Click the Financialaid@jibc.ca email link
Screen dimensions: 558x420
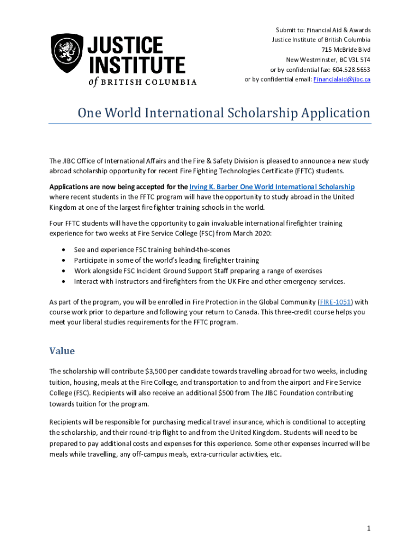click(341, 80)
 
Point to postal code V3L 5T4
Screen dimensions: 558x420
click(355, 59)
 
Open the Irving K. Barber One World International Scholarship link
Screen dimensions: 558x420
click(272, 186)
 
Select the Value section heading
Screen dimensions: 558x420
click(62, 350)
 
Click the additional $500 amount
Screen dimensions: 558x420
click(226, 393)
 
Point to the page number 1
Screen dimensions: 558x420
click(369, 529)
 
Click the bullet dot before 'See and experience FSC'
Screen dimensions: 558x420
click(64, 250)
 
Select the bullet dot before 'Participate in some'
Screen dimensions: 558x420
click(64, 260)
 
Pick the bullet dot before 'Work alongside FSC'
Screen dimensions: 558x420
click(64, 271)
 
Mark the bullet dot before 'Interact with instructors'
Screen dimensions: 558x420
click(64, 282)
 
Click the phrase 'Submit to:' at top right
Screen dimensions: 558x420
click(289, 30)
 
